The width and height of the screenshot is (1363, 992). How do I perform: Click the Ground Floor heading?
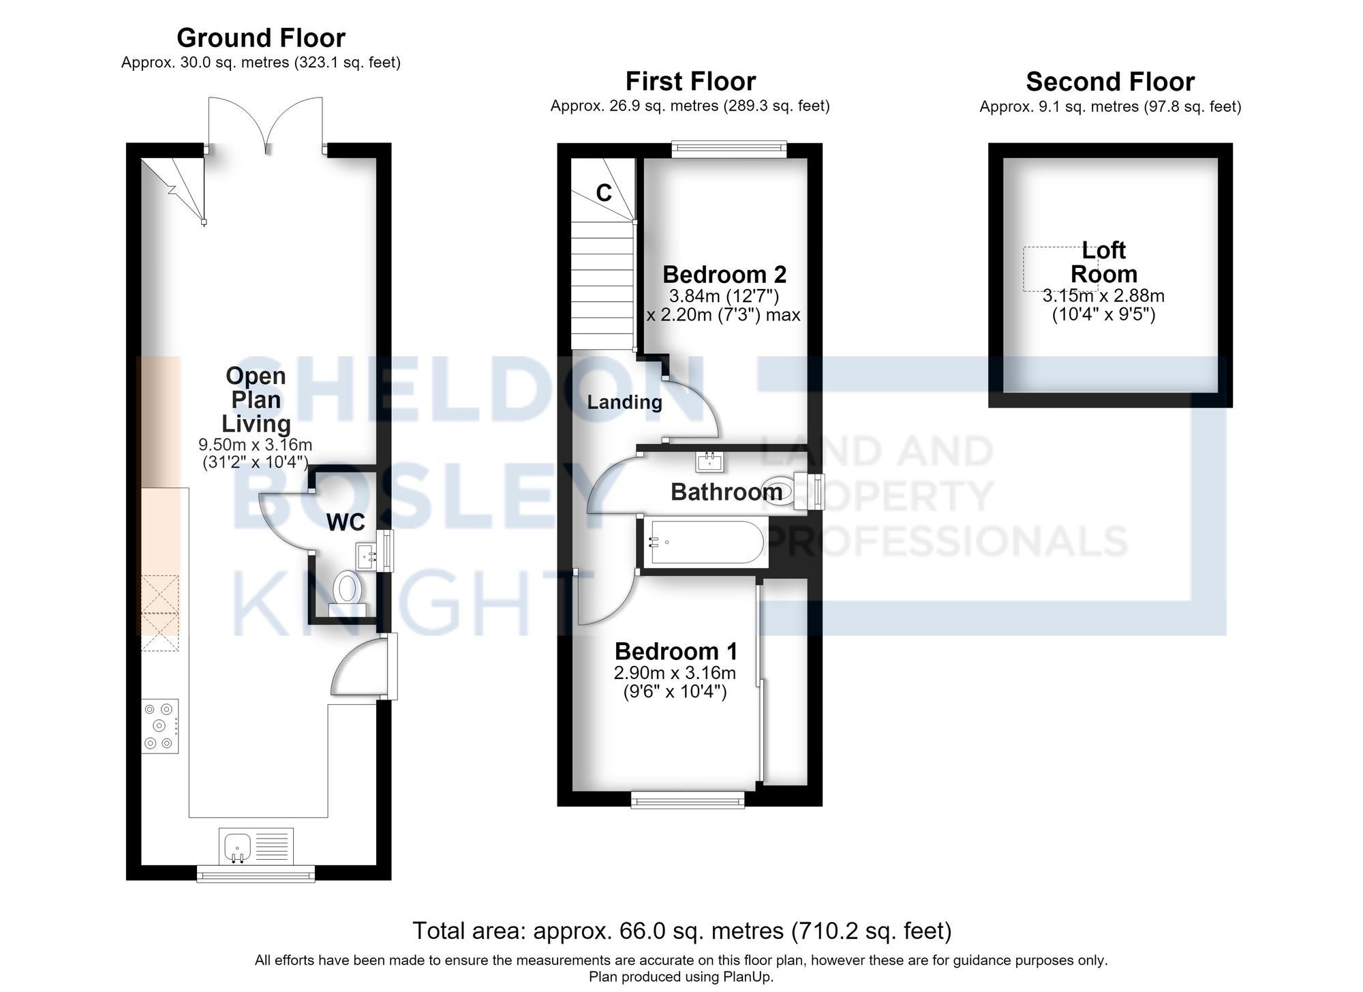click(261, 37)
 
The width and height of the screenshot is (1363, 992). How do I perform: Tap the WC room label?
click(346, 523)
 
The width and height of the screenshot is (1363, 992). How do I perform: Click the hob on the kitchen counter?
click(160, 726)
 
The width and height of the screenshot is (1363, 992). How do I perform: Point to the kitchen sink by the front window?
click(256, 846)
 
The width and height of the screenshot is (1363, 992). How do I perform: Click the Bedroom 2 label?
click(724, 275)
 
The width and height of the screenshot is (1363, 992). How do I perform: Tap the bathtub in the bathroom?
click(705, 542)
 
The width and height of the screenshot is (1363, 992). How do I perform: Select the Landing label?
click(624, 402)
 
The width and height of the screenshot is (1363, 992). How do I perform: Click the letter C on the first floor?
click(604, 194)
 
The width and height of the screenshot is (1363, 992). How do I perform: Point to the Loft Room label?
click(1104, 262)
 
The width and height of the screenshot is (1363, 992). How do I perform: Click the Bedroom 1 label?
click(676, 652)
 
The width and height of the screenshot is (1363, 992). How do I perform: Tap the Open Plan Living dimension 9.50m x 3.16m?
click(256, 445)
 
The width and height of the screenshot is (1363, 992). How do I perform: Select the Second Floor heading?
click(1110, 82)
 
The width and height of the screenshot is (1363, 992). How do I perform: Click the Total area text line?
click(681, 931)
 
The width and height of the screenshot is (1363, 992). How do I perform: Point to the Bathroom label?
click(726, 492)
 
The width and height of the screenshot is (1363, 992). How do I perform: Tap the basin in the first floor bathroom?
click(711, 462)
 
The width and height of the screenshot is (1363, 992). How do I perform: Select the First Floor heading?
click(690, 82)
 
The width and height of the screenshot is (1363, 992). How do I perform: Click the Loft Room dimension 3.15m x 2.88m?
click(1103, 296)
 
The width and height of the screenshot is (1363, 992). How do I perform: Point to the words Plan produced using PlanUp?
click(681, 977)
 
